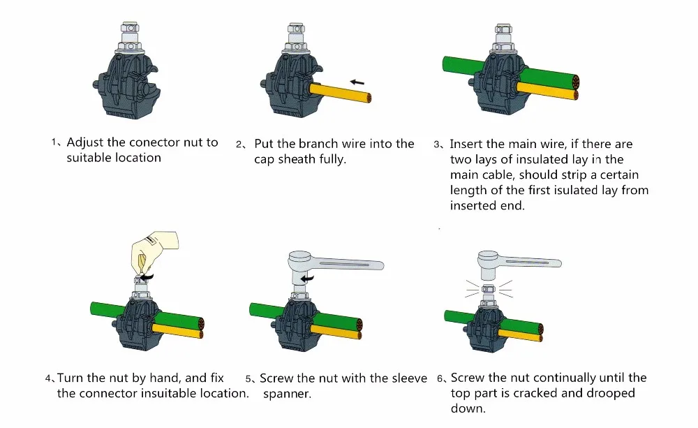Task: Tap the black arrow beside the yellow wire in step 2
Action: click(x=357, y=82)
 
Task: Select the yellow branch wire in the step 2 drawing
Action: click(x=340, y=94)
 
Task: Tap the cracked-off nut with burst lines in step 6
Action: click(x=489, y=288)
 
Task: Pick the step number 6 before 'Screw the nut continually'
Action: click(x=440, y=379)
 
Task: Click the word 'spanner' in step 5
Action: click(x=286, y=394)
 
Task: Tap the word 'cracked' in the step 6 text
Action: click(x=535, y=393)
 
